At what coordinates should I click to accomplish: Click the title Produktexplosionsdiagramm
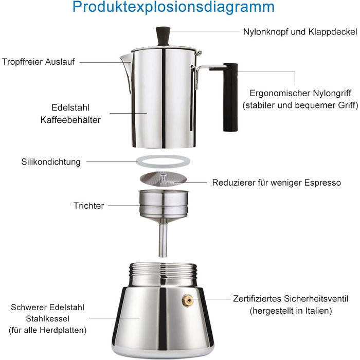[x=173, y=7]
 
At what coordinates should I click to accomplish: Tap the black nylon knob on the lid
[x=163, y=37]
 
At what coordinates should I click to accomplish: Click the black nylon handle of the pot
[x=230, y=97]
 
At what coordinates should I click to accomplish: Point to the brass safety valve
[x=187, y=301]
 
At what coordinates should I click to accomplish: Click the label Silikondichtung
[x=51, y=162]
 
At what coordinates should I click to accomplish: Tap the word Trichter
[x=88, y=206]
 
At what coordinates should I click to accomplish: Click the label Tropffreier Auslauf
[x=39, y=62]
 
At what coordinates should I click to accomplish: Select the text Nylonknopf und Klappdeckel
[x=300, y=32]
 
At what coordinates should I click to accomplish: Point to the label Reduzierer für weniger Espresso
[x=277, y=183]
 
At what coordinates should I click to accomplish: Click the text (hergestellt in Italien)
[x=291, y=311]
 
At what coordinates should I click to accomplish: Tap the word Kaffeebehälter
[x=70, y=120]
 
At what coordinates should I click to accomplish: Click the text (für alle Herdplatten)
[x=47, y=330]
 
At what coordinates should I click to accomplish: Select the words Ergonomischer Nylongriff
[x=300, y=93]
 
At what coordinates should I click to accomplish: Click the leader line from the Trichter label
[x=124, y=206]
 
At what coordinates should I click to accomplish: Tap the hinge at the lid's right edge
[x=198, y=53]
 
